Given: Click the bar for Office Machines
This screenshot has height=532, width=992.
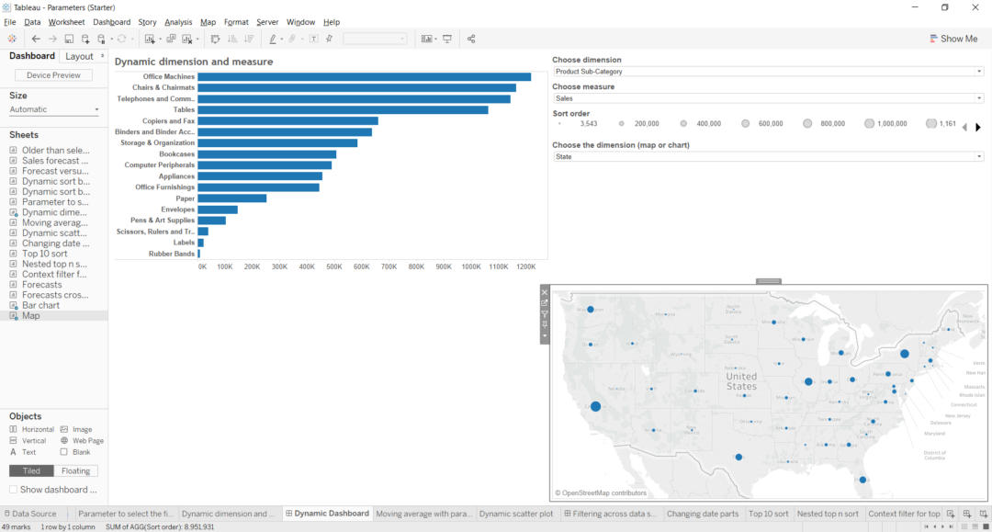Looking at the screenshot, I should [364, 77].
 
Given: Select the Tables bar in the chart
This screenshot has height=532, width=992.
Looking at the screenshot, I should [343, 110].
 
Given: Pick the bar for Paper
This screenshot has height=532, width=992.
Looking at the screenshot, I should [231, 198].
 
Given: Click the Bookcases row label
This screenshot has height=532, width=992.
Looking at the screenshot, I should [176, 154].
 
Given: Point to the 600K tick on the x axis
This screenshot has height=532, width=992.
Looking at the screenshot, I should [362, 266].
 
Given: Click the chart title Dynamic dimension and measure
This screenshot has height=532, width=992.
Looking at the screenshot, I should [194, 62].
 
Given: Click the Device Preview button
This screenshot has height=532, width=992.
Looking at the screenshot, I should [53, 75].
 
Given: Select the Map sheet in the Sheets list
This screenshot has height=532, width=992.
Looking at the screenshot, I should [31, 316].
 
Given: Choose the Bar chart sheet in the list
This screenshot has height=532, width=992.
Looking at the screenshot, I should [40, 305].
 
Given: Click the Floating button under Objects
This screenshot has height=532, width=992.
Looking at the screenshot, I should [75, 471].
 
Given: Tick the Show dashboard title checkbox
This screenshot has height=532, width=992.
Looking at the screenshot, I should [14, 490].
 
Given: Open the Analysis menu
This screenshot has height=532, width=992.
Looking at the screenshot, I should [178, 22].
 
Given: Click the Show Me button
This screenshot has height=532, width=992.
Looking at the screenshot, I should [953, 39].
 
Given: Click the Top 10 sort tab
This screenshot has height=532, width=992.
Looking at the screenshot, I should [768, 515].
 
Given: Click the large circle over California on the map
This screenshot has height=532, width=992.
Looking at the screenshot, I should [595, 406].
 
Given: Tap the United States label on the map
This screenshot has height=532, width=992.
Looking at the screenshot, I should [741, 380].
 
